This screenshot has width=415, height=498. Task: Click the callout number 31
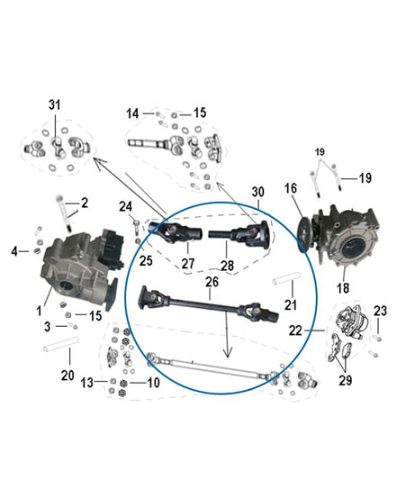(54, 106)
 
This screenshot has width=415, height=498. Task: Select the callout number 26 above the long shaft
(212, 283)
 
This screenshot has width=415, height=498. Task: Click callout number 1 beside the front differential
(41, 309)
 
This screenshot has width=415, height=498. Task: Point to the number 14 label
(133, 113)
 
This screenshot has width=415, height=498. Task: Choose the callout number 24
(126, 206)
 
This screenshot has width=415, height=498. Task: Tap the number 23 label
(382, 311)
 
